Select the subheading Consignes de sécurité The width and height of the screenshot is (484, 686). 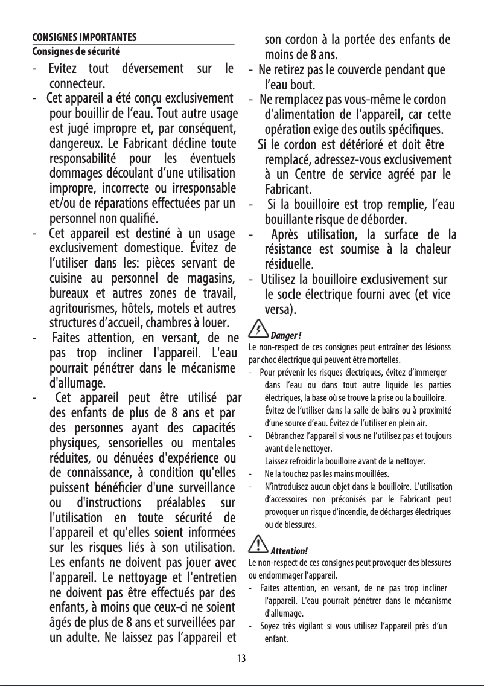point(75,51)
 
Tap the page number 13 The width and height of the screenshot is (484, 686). point(241,658)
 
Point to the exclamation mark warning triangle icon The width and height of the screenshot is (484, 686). point(258,545)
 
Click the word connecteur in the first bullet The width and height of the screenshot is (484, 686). point(78,83)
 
